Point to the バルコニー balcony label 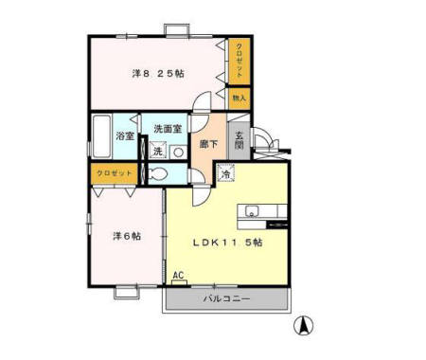pos(226,298)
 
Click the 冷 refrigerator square pos(226,173)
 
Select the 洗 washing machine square pos(157,152)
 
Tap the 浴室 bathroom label pos(125,136)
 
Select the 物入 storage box pos(239,97)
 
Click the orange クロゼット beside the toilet pos(113,174)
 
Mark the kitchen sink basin pos(253,210)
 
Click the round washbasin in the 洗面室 pos(177,152)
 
